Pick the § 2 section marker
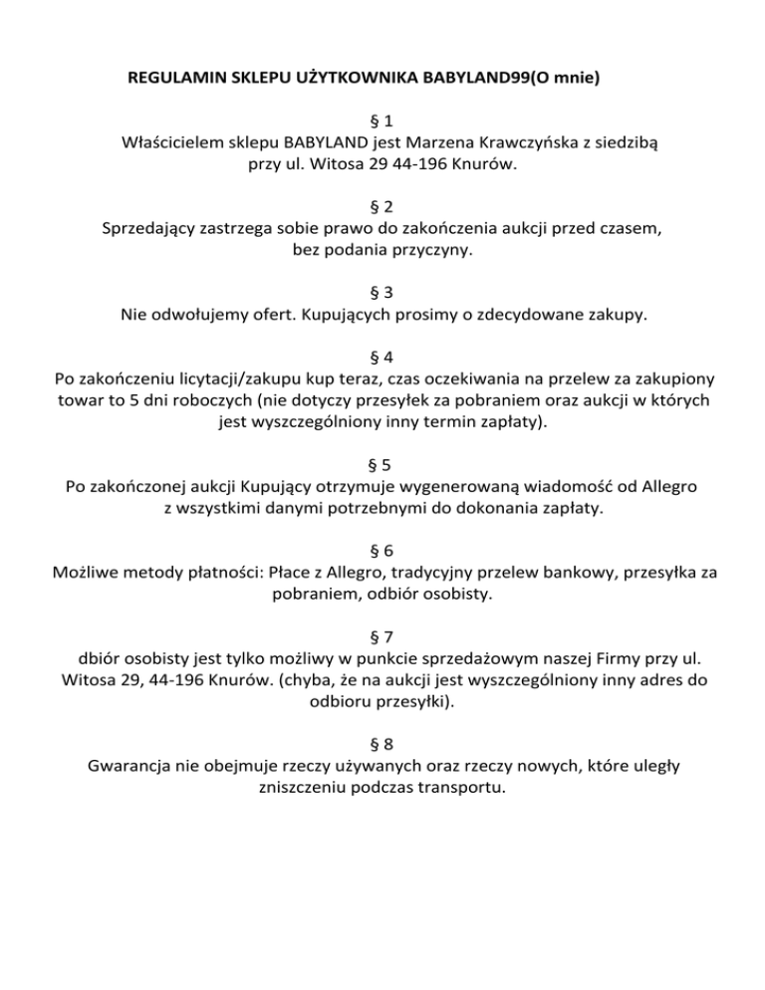coord(382,207)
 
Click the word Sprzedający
coord(150,229)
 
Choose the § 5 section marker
coord(382,464)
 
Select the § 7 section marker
coord(382,636)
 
